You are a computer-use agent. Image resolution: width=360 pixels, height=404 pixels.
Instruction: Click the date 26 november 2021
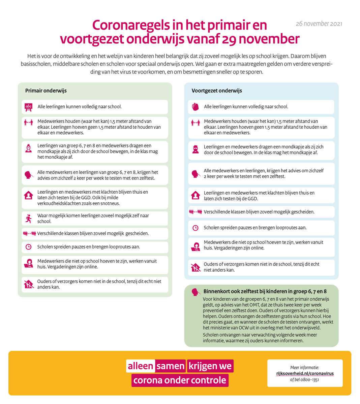pos(319,24)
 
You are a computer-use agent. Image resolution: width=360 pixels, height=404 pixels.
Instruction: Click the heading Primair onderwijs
pos(46,91)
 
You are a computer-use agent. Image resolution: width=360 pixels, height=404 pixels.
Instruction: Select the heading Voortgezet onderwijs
pos(217,91)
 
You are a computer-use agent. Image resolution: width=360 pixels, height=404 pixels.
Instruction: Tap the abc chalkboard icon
pos(29,107)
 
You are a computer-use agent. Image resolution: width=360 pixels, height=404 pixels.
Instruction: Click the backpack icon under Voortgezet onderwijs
pos(195,107)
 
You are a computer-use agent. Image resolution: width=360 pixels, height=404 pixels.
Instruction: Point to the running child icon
pos(29,218)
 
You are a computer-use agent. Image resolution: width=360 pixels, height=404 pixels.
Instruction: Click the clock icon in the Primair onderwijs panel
pos(29,247)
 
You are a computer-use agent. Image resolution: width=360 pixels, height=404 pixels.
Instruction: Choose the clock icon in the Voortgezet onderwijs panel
pos(195,228)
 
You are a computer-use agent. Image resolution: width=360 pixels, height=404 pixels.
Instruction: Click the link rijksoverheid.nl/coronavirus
pos(305,373)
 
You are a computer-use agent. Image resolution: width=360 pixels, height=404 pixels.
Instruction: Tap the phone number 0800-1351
pos(309,380)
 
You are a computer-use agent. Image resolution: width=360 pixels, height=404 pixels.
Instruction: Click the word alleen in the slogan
pos(141,366)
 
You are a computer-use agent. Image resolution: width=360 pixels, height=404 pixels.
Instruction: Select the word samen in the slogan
pos(170,366)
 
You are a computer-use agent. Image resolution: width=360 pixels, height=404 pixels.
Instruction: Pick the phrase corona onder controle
pos(180,380)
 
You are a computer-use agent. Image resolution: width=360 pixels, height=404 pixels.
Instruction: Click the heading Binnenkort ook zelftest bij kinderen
pos(265,292)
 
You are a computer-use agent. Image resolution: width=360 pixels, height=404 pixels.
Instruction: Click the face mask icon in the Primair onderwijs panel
pos(29,148)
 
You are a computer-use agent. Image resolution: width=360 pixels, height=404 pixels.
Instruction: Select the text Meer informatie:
pos(304,368)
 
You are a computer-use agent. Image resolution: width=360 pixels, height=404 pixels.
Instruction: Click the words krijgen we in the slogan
pos(210,366)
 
